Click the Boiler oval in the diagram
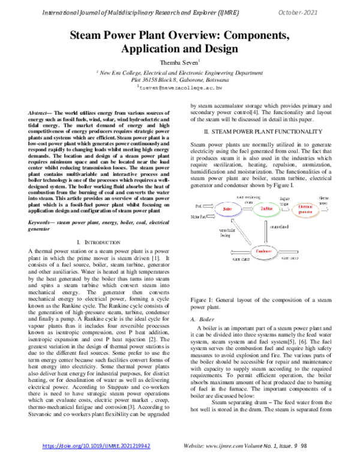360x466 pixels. point(227,192)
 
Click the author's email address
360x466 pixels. point(181,88)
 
